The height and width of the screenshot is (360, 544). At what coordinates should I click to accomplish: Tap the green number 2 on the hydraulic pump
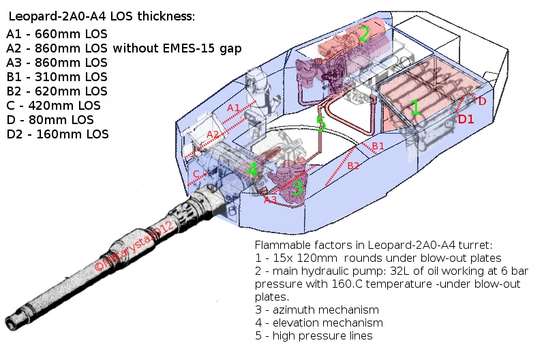pyautogui.click(x=365, y=34)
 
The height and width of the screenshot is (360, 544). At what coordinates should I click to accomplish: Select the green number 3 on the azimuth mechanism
pyautogui.click(x=297, y=188)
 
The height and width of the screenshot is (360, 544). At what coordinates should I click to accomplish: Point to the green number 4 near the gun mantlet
pyautogui.click(x=252, y=170)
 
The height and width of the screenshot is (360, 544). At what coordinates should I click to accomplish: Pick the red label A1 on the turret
pyautogui.click(x=233, y=108)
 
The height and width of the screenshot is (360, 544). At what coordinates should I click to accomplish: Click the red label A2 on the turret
pyautogui.click(x=213, y=134)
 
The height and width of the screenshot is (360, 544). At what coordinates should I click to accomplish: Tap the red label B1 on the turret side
pyautogui.click(x=378, y=146)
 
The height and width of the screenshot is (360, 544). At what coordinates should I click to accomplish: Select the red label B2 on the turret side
pyautogui.click(x=353, y=166)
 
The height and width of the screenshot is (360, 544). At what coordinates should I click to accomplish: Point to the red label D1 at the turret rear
pyautogui.click(x=466, y=119)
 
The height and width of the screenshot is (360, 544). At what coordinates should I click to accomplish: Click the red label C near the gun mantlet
pyautogui.click(x=196, y=174)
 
